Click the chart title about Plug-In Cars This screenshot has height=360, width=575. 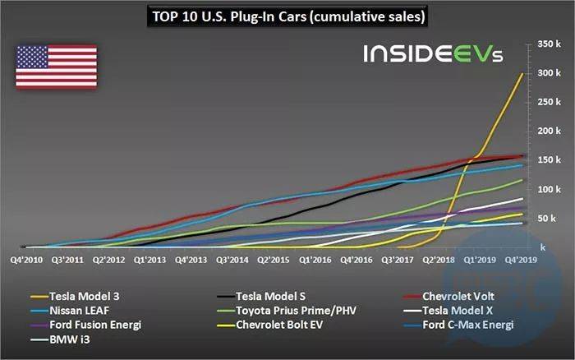(287, 16)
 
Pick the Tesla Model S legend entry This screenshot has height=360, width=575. (268, 297)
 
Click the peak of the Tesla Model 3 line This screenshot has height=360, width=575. (522, 74)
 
